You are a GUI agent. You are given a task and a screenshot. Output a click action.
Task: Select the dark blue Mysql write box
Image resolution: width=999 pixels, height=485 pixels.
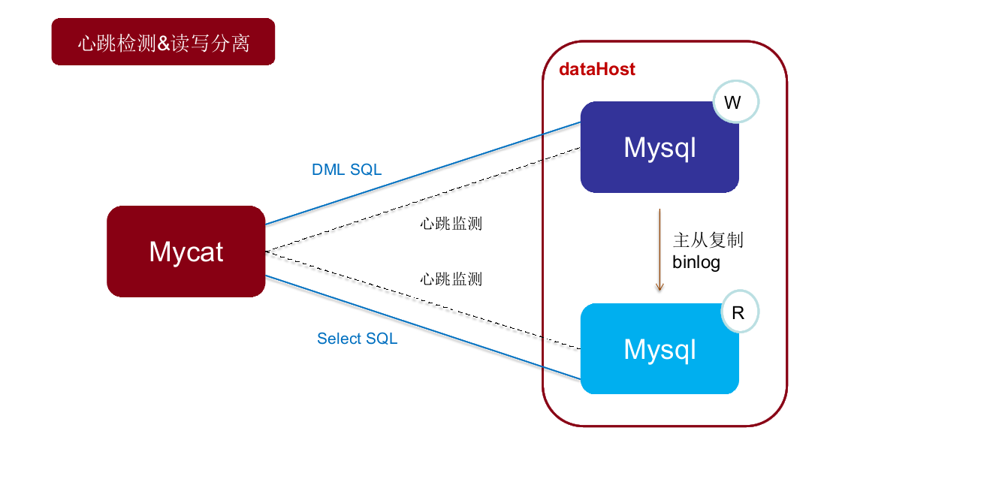659,147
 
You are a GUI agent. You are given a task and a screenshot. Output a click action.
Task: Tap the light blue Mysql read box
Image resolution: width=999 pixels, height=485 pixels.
659,349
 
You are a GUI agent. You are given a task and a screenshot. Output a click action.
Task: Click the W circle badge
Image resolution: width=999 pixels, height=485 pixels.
735,103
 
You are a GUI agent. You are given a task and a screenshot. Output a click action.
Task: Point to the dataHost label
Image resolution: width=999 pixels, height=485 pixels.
597,69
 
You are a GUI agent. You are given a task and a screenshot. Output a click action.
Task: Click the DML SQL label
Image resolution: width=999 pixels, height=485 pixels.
346,170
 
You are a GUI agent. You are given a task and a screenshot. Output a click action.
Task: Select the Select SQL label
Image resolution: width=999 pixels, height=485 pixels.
357,339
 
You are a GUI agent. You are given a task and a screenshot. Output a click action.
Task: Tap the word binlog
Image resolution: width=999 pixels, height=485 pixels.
696,262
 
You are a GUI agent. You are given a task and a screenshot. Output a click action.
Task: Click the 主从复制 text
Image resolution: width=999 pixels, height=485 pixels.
708,240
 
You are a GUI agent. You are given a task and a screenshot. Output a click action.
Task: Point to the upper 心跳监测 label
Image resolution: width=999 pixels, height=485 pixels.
451,224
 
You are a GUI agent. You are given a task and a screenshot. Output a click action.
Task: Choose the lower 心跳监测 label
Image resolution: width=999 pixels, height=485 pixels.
451,279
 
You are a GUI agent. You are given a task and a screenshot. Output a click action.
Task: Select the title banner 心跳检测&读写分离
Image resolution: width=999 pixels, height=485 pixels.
163,43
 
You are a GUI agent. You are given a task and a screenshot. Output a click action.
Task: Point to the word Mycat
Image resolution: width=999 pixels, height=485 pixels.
186,252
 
